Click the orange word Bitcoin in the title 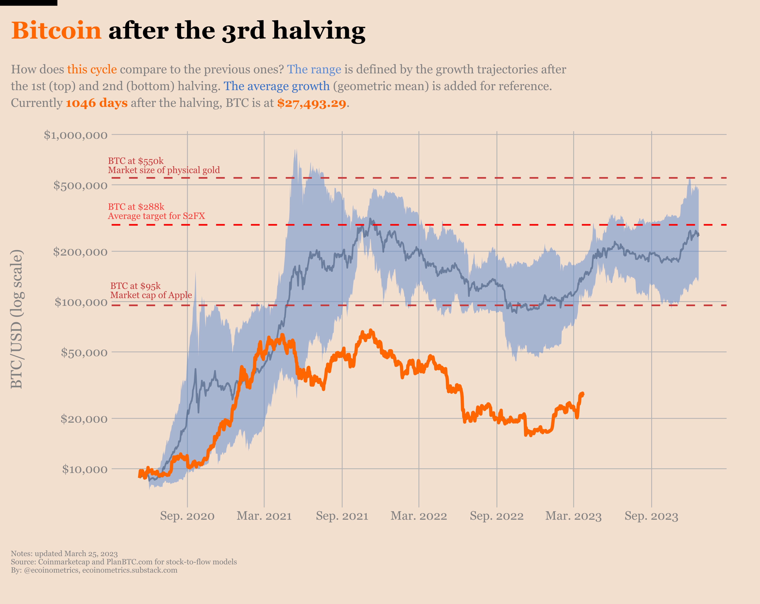(56, 31)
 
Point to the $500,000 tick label (80, 185)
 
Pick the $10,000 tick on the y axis (85, 469)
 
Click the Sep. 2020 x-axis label (187, 516)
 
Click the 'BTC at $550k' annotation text (136, 161)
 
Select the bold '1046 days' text (97, 103)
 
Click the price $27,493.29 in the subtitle (311, 103)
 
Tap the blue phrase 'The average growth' (276, 86)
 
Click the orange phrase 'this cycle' (92, 69)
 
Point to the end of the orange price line (583, 394)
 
